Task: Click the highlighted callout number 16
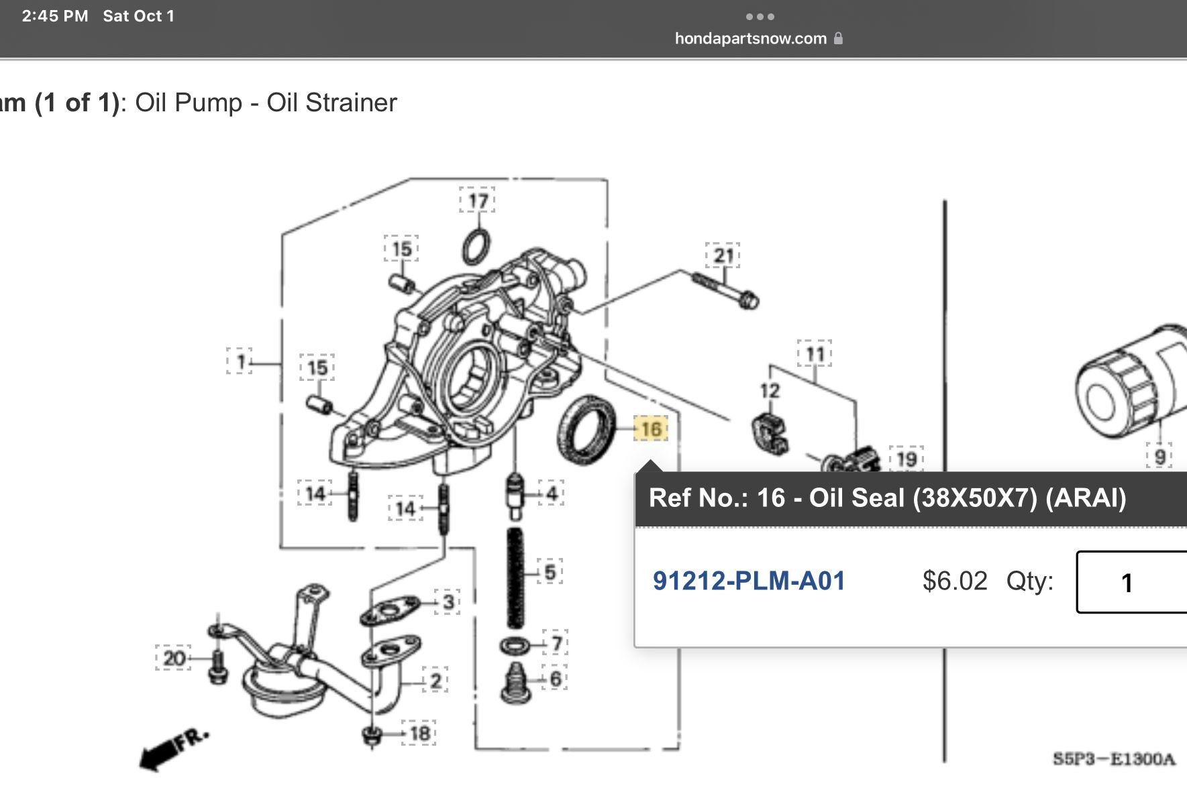tap(651, 429)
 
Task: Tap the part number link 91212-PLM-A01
tap(749, 581)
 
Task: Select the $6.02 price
tap(955, 581)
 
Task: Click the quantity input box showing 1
tap(1131, 582)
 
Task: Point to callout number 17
tap(478, 201)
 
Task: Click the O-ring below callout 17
tap(476, 247)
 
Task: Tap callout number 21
tap(723, 256)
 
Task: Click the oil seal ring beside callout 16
tap(586, 430)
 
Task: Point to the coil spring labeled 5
tap(515, 577)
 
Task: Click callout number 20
tap(174, 658)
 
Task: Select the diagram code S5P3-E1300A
tap(1114, 759)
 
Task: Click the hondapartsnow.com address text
tap(750, 38)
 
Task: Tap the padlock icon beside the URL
tap(838, 38)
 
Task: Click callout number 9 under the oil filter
tap(1159, 457)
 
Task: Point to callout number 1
tap(240, 362)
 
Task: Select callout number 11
tap(815, 354)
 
